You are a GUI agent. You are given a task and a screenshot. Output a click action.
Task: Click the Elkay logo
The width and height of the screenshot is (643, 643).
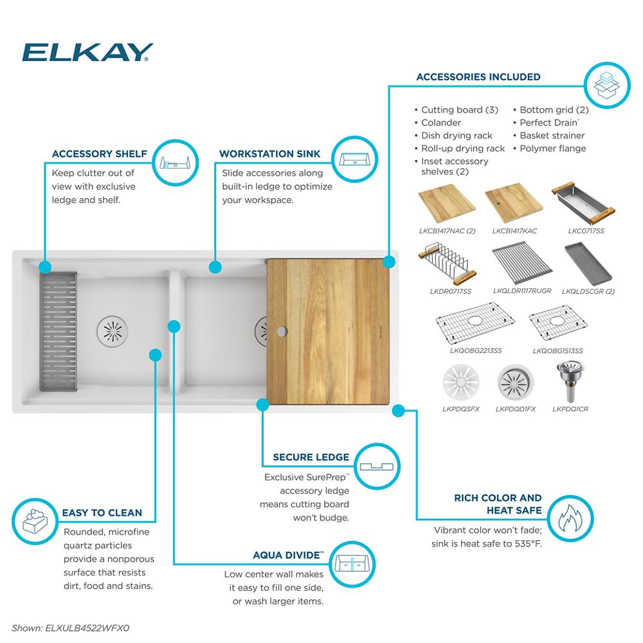tap(87, 52)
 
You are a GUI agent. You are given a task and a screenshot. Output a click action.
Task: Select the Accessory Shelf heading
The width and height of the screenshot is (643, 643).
tap(99, 154)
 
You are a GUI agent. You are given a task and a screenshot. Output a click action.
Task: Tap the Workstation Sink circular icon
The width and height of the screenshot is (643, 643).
tap(354, 158)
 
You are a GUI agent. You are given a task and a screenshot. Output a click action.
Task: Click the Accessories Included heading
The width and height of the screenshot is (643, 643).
tap(478, 77)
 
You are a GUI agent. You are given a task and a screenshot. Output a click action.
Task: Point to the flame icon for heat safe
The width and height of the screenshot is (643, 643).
tap(570, 518)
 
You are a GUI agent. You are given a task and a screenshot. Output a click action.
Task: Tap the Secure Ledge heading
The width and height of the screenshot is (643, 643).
tap(311, 457)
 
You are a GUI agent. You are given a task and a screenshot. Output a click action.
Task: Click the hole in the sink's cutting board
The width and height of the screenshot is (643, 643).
tap(282, 332)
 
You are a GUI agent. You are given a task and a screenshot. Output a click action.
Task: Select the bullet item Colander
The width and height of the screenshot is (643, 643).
tap(440, 123)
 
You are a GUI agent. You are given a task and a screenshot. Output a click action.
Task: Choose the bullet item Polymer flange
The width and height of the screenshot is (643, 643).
tap(552, 149)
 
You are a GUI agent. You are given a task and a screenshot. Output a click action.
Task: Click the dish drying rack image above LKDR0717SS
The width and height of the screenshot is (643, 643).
tap(446, 264)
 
